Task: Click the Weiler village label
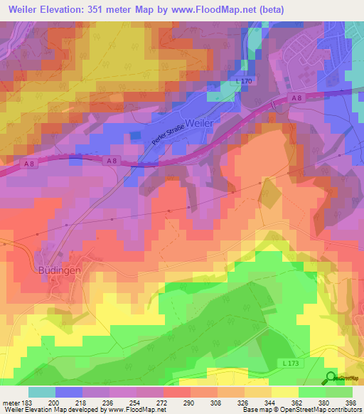(x=196, y=122)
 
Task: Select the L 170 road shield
(x=245, y=83)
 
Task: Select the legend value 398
(x=350, y=402)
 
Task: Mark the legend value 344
(x=270, y=402)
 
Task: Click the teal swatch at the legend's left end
(x=42, y=392)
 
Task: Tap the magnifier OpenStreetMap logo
(x=331, y=378)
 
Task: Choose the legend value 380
(x=323, y=402)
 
